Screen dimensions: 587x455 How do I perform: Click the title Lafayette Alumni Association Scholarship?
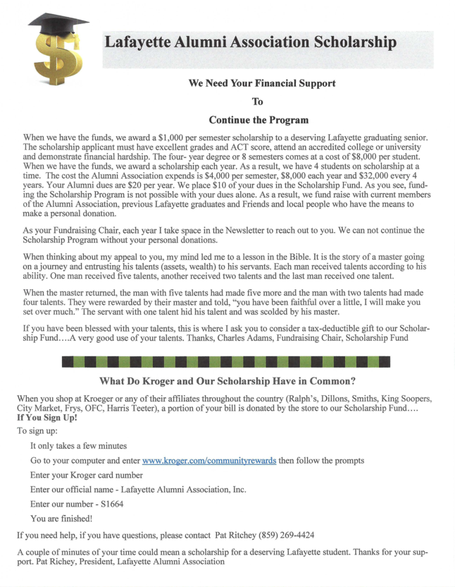tap(250, 42)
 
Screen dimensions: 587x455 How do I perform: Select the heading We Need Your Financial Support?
tap(262, 83)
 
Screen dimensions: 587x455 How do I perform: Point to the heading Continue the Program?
tap(258, 120)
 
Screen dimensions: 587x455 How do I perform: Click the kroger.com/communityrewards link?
tap(208, 461)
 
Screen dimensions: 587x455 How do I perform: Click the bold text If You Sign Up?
tap(47, 418)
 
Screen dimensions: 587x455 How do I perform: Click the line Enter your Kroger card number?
tap(87, 476)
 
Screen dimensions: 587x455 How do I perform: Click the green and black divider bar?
tap(226, 362)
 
